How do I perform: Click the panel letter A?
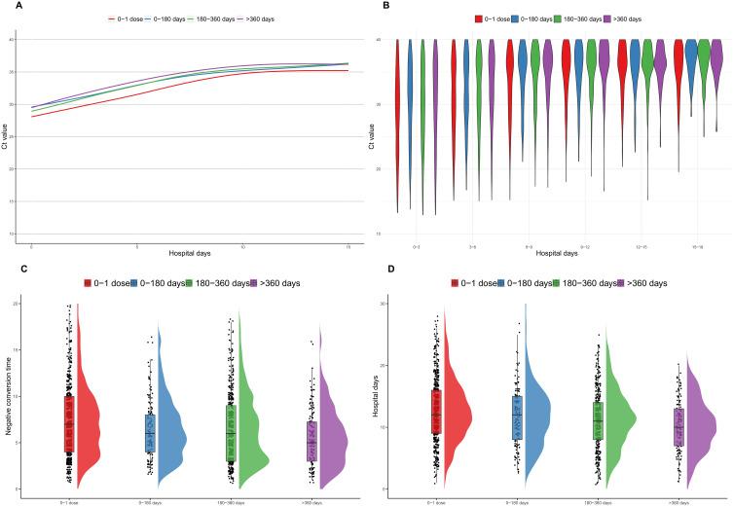click(6, 6)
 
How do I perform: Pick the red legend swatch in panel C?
click(87, 283)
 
